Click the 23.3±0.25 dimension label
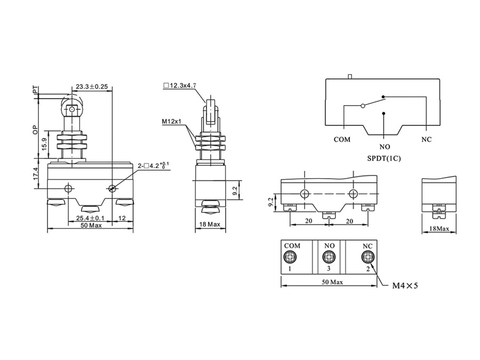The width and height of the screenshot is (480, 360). (92, 86)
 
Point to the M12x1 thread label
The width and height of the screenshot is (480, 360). (172, 122)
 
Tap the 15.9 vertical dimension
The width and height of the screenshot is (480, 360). (43, 144)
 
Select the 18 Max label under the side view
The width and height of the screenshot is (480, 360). (209, 225)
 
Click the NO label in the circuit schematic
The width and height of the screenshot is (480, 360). (385, 147)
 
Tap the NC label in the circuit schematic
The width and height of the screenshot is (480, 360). (426, 140)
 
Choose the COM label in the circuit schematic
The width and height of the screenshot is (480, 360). (342, 140)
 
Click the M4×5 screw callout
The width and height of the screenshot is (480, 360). (405, 286)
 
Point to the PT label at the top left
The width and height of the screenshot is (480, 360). (36, 91)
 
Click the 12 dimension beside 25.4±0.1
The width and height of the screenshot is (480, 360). (122, 218)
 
